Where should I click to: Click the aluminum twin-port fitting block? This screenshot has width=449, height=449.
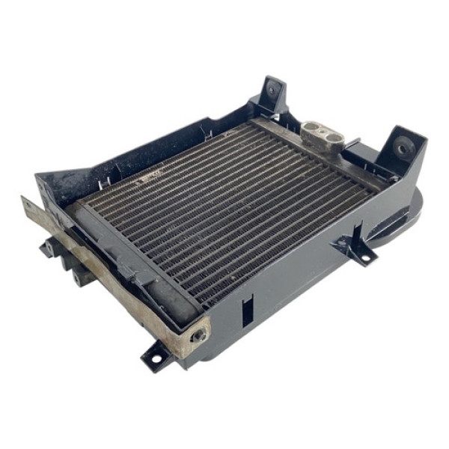tap(322, 135)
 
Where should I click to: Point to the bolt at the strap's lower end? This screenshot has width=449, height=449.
tap(199, 336)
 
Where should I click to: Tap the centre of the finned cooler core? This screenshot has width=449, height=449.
tap(232, 206)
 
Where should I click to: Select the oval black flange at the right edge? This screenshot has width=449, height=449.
tap(400, 217)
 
